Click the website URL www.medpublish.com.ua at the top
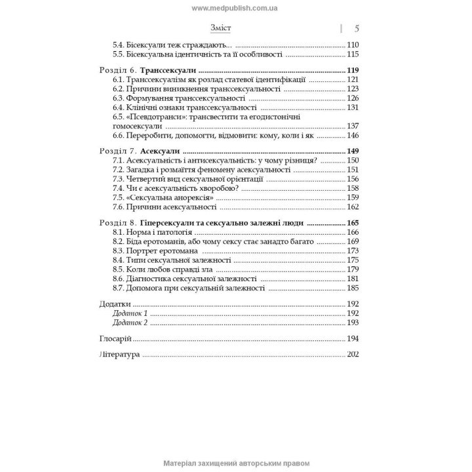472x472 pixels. pos(235,7)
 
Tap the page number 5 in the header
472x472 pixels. pos(357,28)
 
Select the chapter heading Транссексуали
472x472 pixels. pos(168,69)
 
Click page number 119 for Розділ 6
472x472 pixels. pos(355,69)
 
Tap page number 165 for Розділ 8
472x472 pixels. pos(355,223)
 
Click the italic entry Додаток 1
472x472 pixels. pos(130,314)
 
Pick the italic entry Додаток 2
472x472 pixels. pos(130,323)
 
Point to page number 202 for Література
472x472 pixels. pos(355,354)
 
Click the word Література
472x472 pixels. pos(120,354)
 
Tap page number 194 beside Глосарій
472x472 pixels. pos(355,338)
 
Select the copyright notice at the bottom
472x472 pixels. pos(235,463)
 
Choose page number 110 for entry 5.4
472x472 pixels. pos(355,45)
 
